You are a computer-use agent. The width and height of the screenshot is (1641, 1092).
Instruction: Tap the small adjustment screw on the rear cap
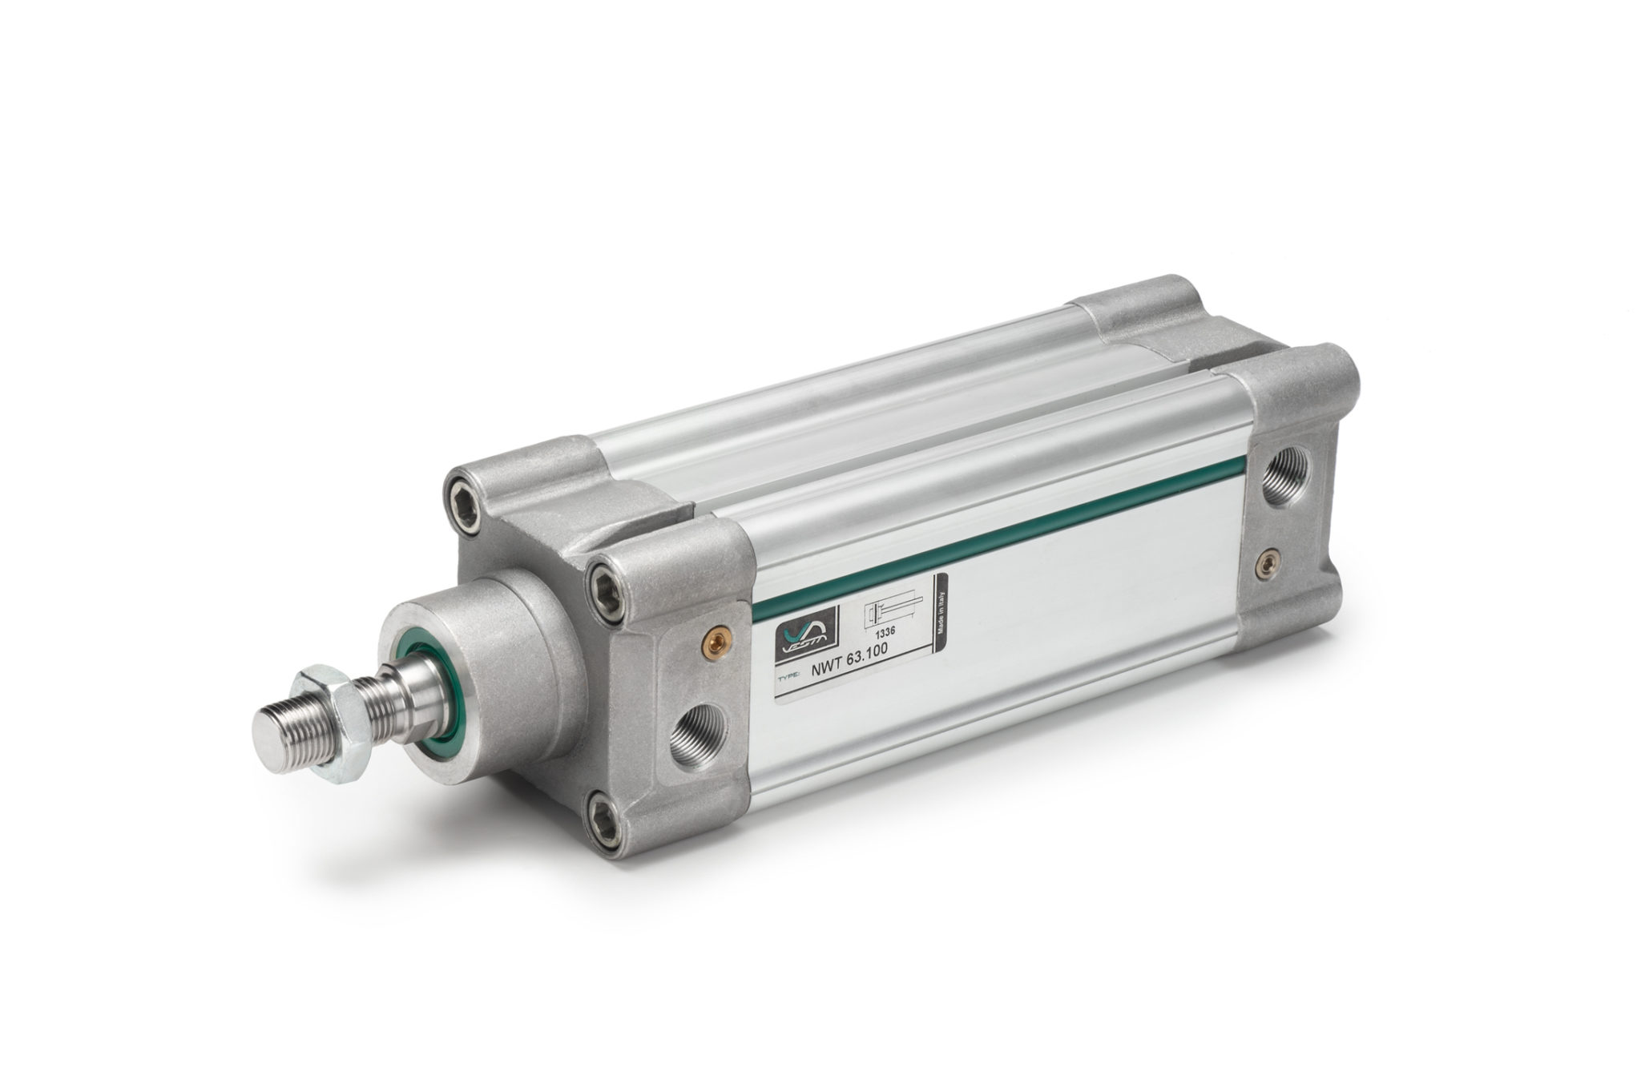(1267, 562)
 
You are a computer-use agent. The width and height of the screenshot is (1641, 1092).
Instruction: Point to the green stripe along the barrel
(1002, 558)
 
